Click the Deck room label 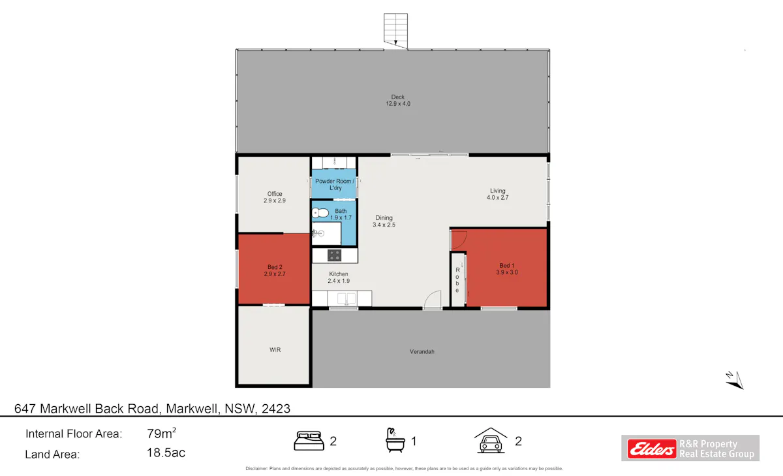[398, 97]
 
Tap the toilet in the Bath [320, 213]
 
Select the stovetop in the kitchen [334, 255]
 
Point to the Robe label [457, 280]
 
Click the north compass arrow [735, 381]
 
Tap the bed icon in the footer [309, 441]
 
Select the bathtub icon [395, 440]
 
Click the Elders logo [652, 449]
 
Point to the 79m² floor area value [161, 434]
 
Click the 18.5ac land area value [166, 452]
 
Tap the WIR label [275, 350]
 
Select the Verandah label [422, 351]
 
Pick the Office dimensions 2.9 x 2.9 [275, 200]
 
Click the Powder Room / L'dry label [335, 184]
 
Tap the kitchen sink [346, 298]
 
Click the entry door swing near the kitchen [433, 300]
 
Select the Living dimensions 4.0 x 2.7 [497, 197]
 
